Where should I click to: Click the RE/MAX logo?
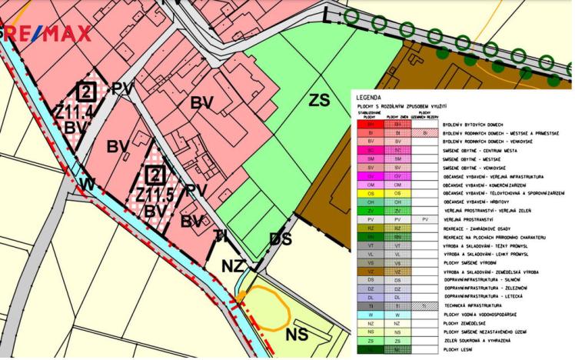tap(46, 32)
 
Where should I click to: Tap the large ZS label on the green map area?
tap(320, 100)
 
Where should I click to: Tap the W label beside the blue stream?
tap(87, 185)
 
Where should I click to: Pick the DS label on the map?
tap(281, 239)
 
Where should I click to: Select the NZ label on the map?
tap(234, 265)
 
